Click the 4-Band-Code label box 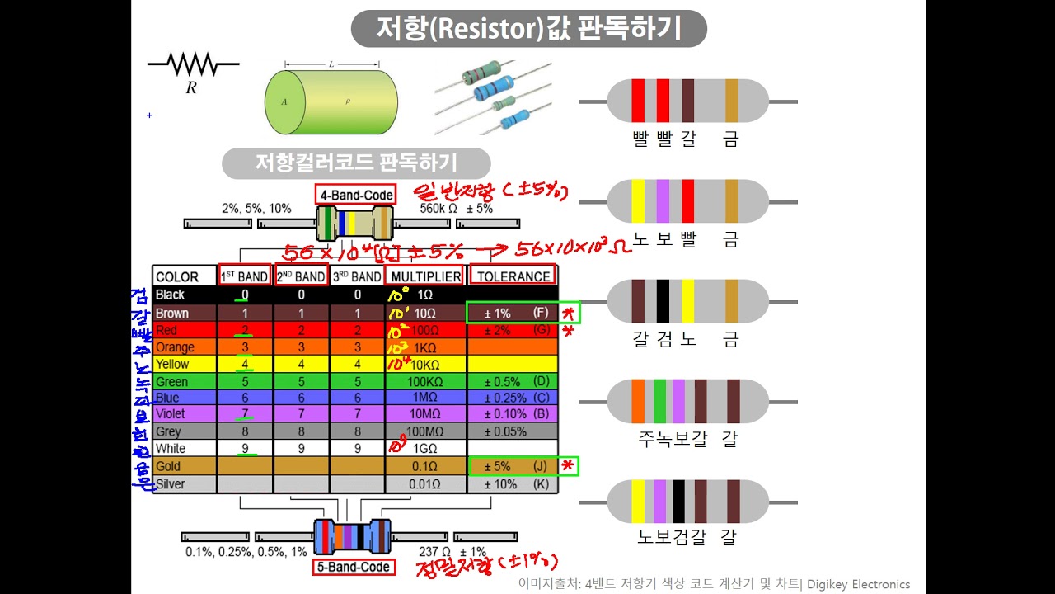(x=355, y=195)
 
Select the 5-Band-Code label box (x=353, y=567)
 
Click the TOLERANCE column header (x=513, y=276)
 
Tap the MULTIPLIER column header (x=424, y=276)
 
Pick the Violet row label (x=171, y=413)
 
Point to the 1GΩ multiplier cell (x=424, y=448)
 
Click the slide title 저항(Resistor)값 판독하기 (x=528, y=29)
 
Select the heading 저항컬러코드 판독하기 (x=356, y=163)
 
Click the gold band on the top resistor (x=732, y=101)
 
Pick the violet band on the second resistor (x=663, y=201)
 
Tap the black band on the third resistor (x=663, y=301)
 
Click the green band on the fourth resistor (x=659, y=402)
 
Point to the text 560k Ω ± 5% (x=456, y=209)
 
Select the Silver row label (x=171, y=483)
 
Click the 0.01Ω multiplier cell (x=424, y=483)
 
